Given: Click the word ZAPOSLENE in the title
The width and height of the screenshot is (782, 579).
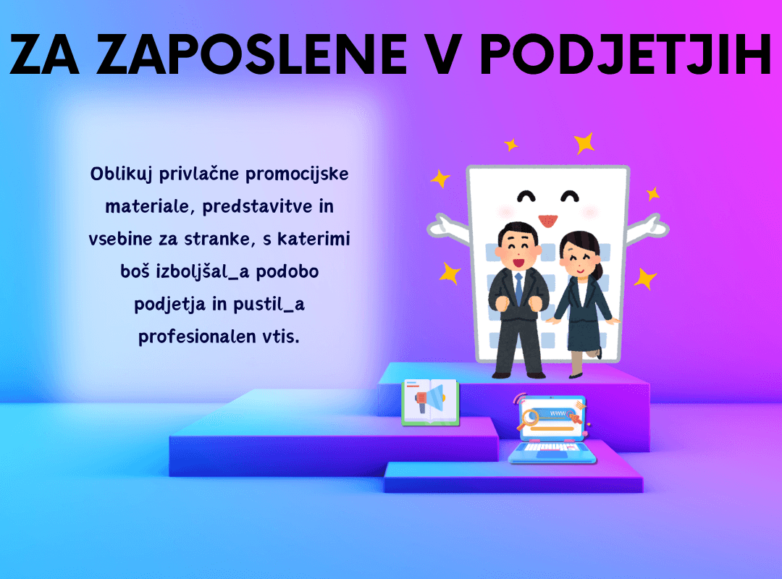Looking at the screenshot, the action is click(252, 55).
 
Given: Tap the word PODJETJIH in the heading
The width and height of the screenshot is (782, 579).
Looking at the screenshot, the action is click(626, 55).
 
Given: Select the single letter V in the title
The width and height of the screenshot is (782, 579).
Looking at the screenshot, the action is click(444, 55).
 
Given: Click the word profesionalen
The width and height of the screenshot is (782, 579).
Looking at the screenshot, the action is click(197, 337).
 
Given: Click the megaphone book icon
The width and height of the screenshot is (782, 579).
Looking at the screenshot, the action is click(430, 402).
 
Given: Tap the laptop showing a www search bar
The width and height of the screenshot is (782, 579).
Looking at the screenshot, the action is click(552, 429).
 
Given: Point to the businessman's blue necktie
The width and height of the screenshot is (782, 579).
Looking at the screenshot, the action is click(519, 289).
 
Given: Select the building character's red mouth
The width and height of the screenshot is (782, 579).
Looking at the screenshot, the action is click(547, 220).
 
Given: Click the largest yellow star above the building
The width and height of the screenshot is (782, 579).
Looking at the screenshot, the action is click(584, 143).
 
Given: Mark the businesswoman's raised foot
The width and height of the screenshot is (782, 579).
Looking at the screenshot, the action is click(597, 352).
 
